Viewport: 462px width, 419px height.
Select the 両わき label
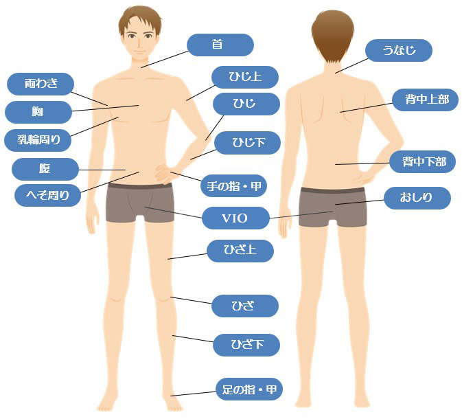[41, 84]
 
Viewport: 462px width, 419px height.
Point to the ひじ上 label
[245, 76]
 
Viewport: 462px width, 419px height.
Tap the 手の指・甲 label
[233, 185]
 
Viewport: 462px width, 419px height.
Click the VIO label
[235, 218]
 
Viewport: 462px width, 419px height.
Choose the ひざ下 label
[246, 344]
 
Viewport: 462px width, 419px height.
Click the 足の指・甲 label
[249, 390]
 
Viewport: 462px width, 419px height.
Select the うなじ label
[399, 50]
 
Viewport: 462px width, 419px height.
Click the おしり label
[417, 199]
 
